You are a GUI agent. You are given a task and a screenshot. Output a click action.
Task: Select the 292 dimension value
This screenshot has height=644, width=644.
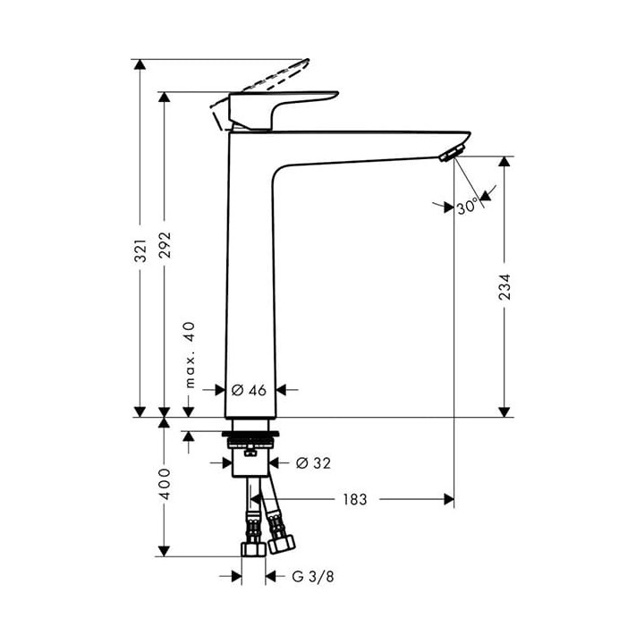[x=165, y=242]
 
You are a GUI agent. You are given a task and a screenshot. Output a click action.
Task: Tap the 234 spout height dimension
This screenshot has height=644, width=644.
[x=505, y=287]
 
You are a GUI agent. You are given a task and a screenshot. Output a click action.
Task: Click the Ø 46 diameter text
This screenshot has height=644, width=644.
[x=250, y=390]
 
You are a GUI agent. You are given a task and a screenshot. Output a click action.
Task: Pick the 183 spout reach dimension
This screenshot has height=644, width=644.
[x=354, y=499]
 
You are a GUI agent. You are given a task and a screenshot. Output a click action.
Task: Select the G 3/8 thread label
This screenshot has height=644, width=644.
[x=314, y=577]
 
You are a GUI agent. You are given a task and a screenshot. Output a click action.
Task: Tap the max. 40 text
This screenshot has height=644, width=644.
[x=189, y=354]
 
